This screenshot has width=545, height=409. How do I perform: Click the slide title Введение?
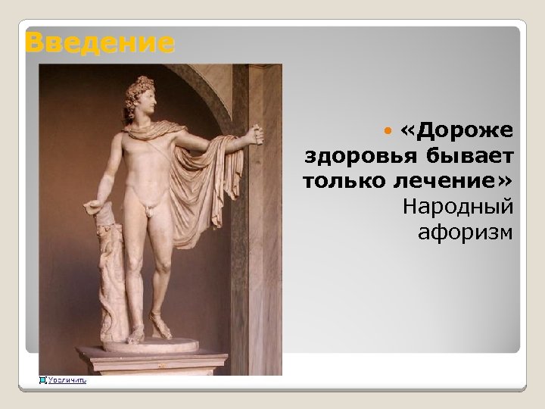[99, 42]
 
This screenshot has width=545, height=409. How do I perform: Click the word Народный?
[459, 207]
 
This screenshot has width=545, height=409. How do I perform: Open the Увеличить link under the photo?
[67, 380]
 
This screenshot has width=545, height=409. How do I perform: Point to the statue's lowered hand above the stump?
[95, 204]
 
